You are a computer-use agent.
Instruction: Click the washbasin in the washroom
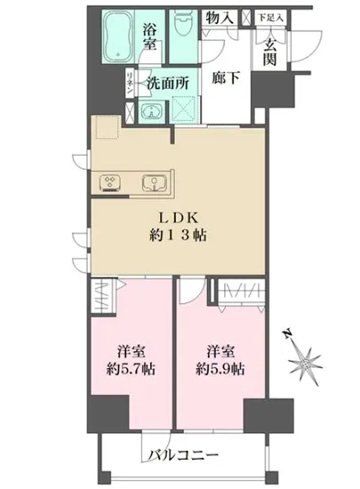[x=149, y=110]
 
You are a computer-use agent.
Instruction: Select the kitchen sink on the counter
[x=156, y=182]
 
